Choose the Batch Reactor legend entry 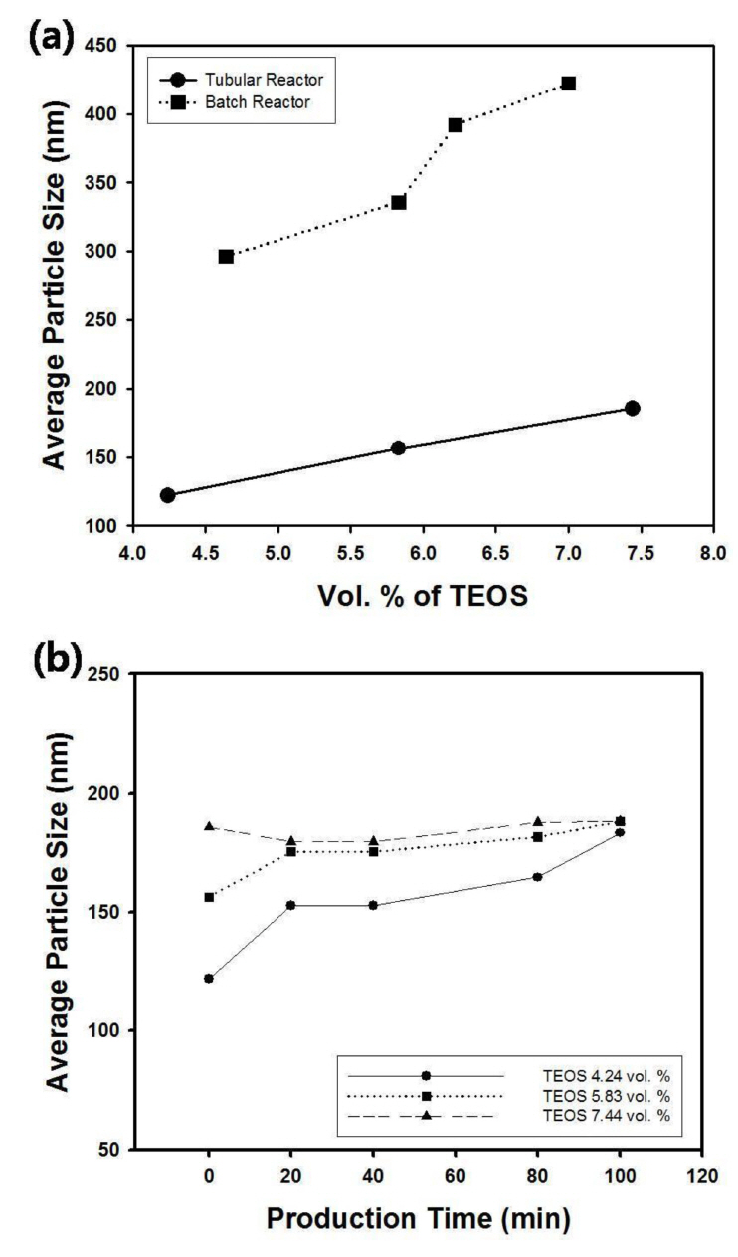[247, 102]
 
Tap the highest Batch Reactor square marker [568, 84]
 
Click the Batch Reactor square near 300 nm [226, 257]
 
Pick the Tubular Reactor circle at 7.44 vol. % [632, 409]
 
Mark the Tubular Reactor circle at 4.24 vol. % [167, 495]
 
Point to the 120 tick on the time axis [702, 1178]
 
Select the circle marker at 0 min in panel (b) [209, 979]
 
